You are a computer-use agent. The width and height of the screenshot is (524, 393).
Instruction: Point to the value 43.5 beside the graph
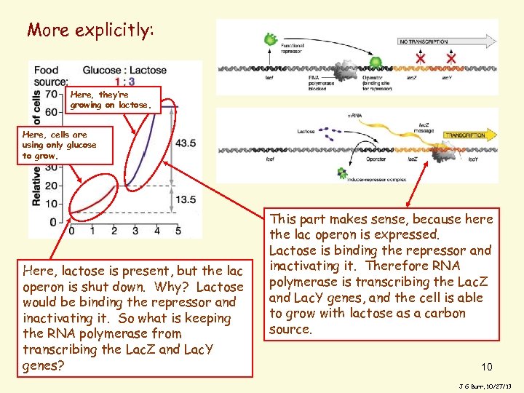[185, 143]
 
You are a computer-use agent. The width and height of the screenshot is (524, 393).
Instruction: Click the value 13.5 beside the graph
[185, 199]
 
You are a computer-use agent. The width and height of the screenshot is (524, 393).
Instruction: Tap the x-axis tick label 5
[178, 231]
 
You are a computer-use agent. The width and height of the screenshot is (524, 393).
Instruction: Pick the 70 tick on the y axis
[51, 94]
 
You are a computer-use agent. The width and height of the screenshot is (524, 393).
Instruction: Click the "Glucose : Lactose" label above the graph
[124, 71]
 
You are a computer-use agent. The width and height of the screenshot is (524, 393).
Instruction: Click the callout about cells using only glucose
[58, 145]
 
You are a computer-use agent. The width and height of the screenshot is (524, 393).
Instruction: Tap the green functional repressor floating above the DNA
[271, 39]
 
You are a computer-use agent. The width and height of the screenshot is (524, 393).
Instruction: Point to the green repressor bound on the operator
[376, 63]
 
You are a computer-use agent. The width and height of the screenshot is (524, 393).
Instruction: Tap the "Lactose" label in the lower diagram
[306, 132]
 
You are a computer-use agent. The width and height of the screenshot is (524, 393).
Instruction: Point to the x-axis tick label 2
[114, 231]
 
